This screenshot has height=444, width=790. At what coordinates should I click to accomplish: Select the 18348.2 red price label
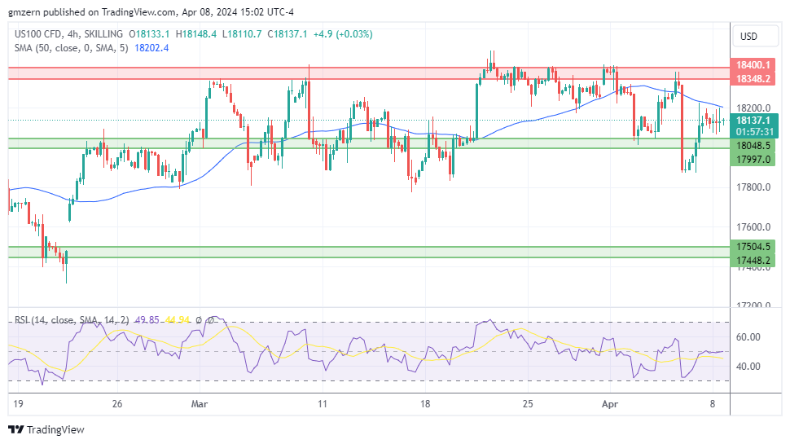tap(753, 79)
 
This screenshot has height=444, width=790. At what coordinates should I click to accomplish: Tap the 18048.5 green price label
tap(753, 145)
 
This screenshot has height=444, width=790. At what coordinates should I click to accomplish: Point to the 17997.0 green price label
tap(753, 159)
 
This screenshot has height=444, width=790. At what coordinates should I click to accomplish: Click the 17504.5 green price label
tap(753, 247)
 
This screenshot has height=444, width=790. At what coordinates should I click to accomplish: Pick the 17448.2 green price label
tap(753, 261)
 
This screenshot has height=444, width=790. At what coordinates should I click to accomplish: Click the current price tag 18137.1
tap(753, 120)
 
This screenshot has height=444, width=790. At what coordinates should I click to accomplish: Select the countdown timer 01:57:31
tap(753, 131)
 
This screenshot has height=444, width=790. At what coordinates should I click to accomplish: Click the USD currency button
tap(748, 37)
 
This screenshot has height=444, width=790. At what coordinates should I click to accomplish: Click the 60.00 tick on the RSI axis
tap(748, 336)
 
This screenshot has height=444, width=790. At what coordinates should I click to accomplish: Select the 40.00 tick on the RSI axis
tap(748, 366)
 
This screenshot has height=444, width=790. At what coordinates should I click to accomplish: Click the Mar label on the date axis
tap(200, 403)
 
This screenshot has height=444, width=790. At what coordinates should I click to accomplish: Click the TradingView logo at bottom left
tap(46, 429)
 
